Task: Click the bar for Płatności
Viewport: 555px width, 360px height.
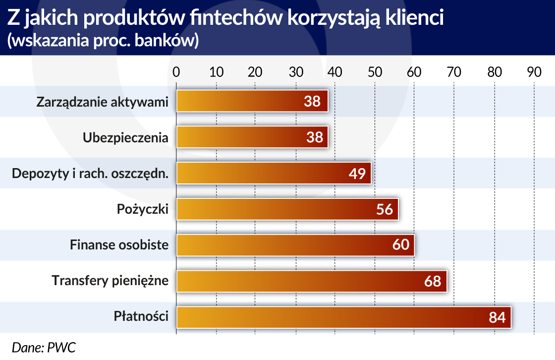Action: pyautogui.click(x=344, y=317)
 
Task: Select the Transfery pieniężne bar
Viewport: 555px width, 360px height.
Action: pyautogui.click(x=312, y=281)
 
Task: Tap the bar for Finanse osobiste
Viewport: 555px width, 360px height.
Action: pyautogui.click(x=295, y=245)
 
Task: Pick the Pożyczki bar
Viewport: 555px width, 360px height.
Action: pyautogui.click(x=287, y=209)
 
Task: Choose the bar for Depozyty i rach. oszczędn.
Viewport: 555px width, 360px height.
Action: pyautogui.click(x=274, y=173)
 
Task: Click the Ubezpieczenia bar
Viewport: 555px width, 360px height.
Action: pyautogui.click(x=252, y=137)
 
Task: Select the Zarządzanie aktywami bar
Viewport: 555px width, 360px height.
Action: pyautogui.click(x=252, y=101)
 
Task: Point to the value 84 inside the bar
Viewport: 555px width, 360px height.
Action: pyautogui.click(x=497, y=317)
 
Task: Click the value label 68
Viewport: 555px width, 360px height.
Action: pyautogui.click(x=433, y=281)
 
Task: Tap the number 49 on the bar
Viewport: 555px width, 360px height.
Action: pyautogui.click(x=357, y=174)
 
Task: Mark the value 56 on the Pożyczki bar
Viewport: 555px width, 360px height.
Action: pyautogui.click(x=385, y=209)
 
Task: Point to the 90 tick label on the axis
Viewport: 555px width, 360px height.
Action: pyautogui.click(x=534, y=72)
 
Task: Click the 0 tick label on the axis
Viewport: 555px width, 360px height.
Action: pyautogui.click(x=176, y=72)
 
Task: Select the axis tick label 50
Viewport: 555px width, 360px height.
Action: pyautogui.click(x=375, y=72)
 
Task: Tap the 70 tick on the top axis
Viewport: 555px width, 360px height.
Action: pyautogui.click(x=454, y=72)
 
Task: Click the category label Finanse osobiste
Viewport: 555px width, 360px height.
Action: pyautogui.click(x=119, y=245)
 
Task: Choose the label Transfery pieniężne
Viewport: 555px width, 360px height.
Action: pyautogui.click(x=110, y=281)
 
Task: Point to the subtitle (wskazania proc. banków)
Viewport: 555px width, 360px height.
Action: pyautogui.click(x=103, y=40)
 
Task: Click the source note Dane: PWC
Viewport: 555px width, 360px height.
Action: pyautogui.click(x=44, y=348)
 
